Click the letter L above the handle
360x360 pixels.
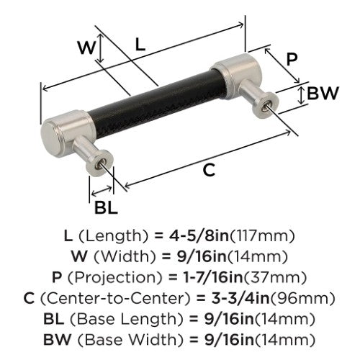140,45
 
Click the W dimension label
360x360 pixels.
87,48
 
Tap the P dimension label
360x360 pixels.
292,59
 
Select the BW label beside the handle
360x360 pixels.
323,93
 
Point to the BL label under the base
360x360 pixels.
106,207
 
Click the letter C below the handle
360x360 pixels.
209,170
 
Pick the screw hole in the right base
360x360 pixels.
265,107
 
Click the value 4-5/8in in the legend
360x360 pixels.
199,235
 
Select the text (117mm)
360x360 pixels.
262,236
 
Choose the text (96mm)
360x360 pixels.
302,298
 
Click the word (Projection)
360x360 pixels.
115,278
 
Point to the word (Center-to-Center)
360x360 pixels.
115,298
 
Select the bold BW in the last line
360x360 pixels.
58,339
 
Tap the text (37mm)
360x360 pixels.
275,278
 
